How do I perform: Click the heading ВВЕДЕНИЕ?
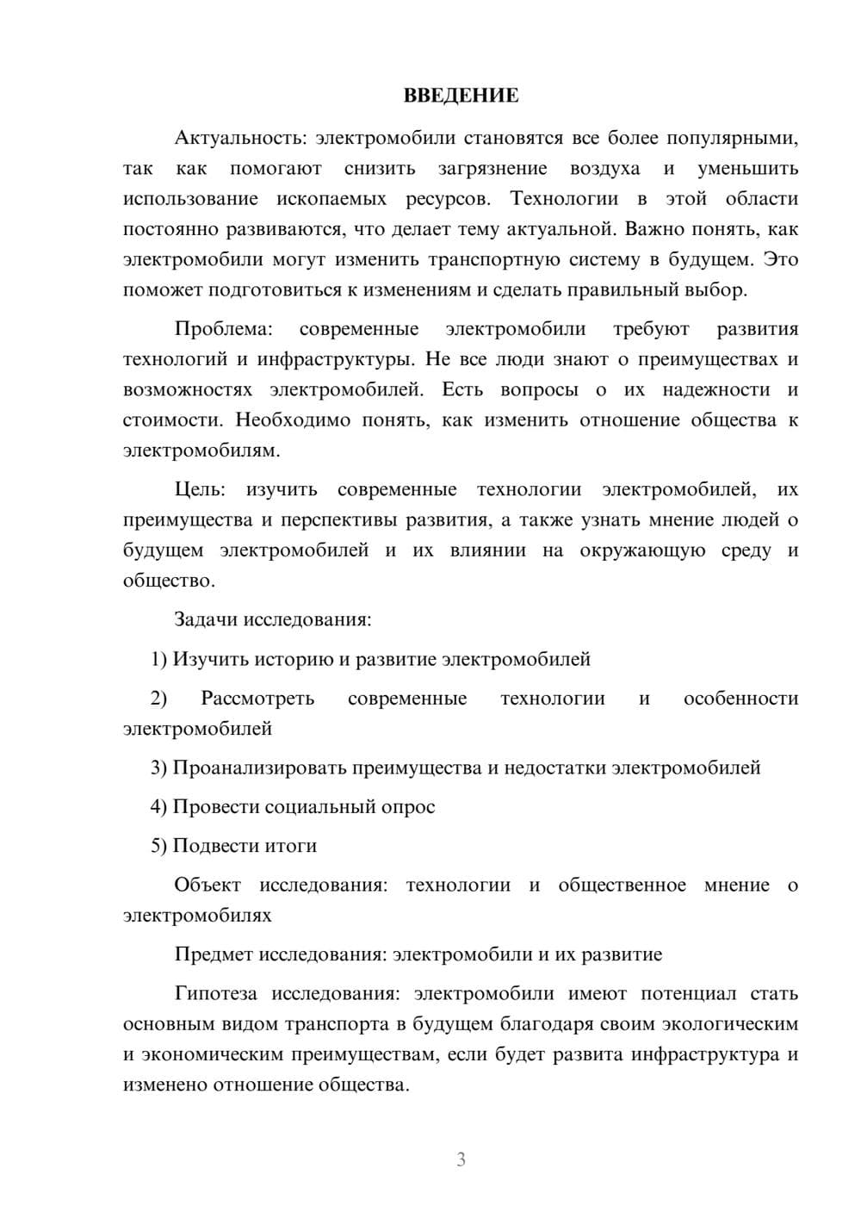(461, 96)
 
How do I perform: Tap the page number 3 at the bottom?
(461, 1159)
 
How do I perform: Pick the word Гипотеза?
(215, 993)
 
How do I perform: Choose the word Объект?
(208, 885)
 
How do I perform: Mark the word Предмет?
(212, 954)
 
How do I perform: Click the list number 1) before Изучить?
(158, 659)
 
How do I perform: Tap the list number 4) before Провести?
(158, 806)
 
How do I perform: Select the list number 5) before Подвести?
(158, 846)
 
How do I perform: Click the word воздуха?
(604, 168)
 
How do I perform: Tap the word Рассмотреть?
(257, 698)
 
